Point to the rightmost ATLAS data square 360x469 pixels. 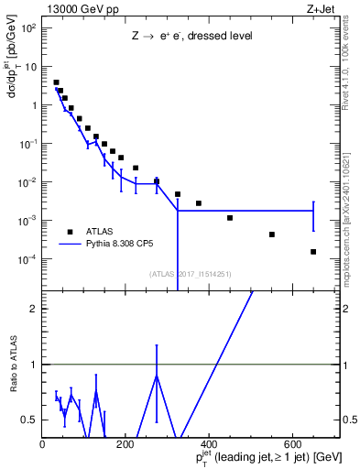coord(313,252)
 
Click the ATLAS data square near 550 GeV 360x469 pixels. coord(272,234)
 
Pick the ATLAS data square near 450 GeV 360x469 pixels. coord(230,218)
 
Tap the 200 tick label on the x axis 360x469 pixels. coord(125,444)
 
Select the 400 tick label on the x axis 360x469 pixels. coord(209,444)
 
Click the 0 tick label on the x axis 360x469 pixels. coord(42,444)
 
